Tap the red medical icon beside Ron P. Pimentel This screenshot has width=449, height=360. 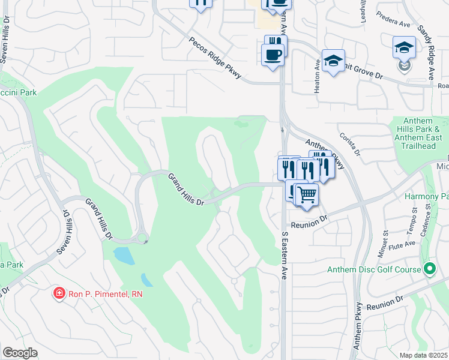[x=59, y=293]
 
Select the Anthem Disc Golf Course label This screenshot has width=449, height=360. [x=374, y=269]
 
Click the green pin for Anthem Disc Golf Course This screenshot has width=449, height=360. [x=429, y=269]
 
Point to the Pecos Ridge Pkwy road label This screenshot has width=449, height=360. [x=215, y=55]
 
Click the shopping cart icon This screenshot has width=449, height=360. [x=307, y=194]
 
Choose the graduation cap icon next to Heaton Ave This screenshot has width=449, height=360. [x=333, y=60]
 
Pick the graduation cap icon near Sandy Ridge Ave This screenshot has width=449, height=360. [x=404, y=47]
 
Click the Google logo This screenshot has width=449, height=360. [x=20, y=353]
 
